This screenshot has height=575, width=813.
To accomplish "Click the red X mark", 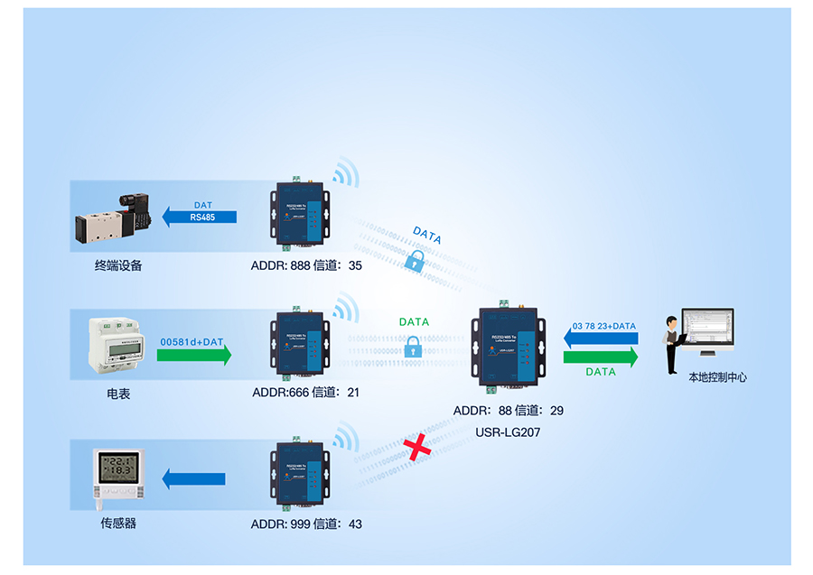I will (416, 447).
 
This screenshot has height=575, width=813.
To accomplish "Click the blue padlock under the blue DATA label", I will (415, 262).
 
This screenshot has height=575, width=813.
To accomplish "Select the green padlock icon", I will (412, 346).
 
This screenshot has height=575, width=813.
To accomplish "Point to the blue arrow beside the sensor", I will (193, 479).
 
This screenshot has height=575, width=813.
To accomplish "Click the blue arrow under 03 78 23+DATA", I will (602, 338).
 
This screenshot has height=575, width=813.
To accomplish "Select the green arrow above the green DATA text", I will (601, 357).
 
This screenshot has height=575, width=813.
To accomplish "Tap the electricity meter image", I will (116, 346).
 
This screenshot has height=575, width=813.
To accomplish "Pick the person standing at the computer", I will (671, 344).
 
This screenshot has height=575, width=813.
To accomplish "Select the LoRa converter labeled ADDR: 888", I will (298, 216).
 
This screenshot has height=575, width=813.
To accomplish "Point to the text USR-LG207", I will (508, 432).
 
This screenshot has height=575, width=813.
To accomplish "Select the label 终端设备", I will (118, 266).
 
